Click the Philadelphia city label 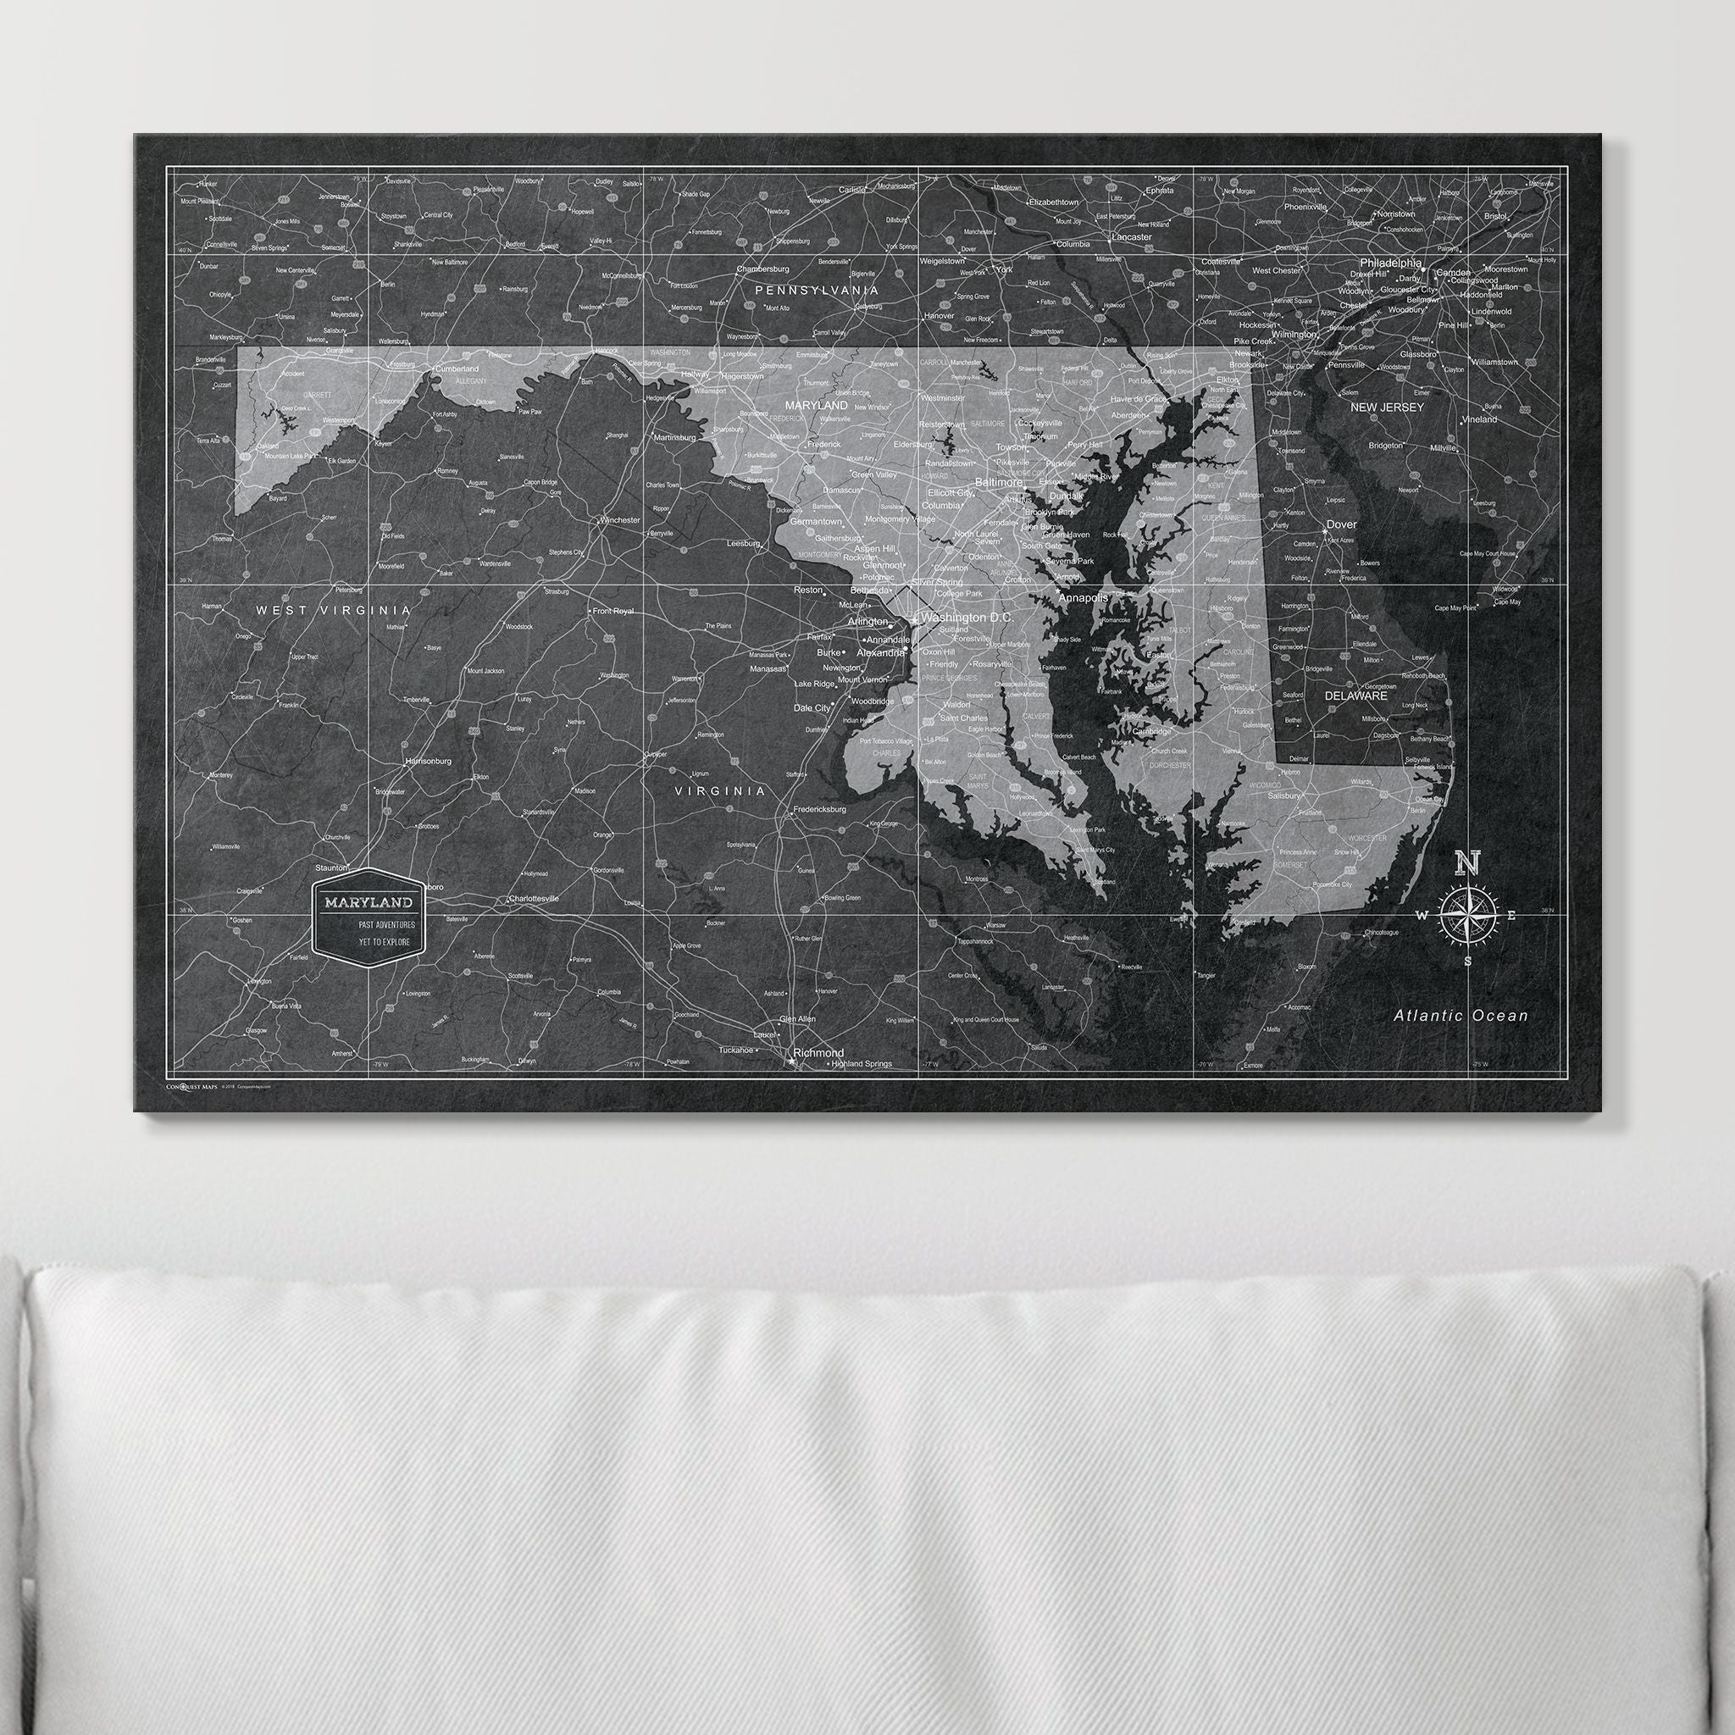[1390, 263]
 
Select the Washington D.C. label [967, 618]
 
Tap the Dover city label [1342, 524]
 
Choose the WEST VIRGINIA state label [333, 610]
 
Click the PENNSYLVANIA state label [817, 291]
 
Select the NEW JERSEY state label [1388, 407]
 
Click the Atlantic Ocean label [1461, 1016]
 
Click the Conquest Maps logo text [191, 1087]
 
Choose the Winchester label [619, 520]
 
